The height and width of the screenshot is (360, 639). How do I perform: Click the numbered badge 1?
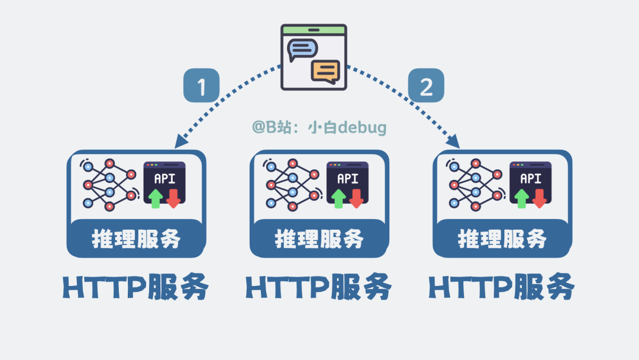pos(201,87)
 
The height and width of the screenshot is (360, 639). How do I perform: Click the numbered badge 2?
pos(426,87)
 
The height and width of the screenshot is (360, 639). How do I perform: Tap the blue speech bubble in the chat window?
pos(302,50)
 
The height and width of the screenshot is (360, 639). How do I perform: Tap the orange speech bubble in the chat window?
pos(325,71)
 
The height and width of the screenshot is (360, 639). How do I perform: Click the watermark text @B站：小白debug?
pos(319,127)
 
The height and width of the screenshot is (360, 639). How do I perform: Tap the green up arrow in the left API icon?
pos(156,198)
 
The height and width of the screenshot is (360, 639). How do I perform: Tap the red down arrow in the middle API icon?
pos(356,198)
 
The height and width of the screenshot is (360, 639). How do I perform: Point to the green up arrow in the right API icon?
pos(521,198)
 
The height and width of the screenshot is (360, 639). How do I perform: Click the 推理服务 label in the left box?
pos(136,239)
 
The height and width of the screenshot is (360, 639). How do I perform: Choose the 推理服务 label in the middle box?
pos(319,239)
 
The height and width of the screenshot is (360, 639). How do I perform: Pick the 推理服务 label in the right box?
pos(502,239)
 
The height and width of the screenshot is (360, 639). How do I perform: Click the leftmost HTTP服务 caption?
pos(136,288)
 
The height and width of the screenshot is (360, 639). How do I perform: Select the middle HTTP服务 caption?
pos(319,288)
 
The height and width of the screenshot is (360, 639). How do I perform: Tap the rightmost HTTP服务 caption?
pos(502,288)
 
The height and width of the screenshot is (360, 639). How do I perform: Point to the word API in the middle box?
pos(347,178)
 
